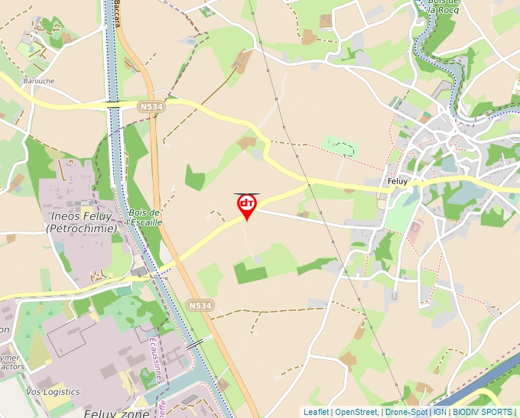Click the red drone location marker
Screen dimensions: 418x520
tap(246, 205)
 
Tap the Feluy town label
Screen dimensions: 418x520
tap(398, 182)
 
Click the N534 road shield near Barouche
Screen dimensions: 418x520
tap(151, 108)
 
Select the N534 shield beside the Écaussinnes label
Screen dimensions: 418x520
tap(200, 306)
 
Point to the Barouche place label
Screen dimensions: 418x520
tap(38, 79)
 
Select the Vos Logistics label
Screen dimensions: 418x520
tap(53, 392)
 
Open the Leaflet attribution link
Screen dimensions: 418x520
tap(316, 412)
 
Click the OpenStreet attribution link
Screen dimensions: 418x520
tap(356, 412)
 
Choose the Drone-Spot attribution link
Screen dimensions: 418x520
tap(406, 412)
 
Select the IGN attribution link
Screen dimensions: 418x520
tap(440, 412)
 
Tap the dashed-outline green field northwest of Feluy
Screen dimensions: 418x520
tap(340, 146)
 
